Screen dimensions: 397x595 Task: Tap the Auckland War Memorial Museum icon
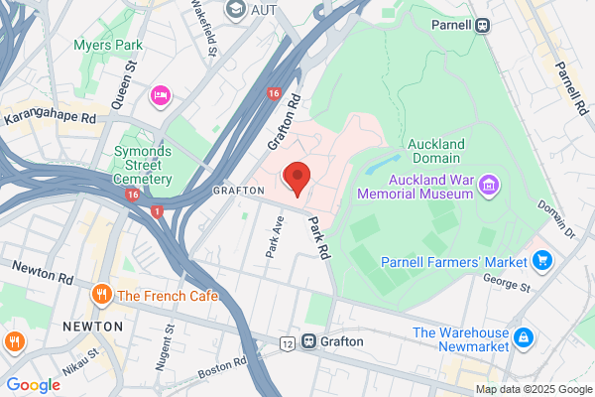[x=488, y=186]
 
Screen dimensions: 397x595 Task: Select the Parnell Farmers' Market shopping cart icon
[x=541, y=261]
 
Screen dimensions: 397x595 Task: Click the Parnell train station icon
[x=482, y=26]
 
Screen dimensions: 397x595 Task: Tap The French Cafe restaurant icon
[x=101, y=295]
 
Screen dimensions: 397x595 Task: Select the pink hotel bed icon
[x=159, y=96]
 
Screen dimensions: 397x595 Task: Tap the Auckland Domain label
[x=434, y=151]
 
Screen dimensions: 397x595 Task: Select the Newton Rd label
[x=42, y=270]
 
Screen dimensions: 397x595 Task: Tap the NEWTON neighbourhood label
[x=92, y=326]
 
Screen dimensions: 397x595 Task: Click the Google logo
[x=33, y=384]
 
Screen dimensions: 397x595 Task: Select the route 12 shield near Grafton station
[x=287, y=342]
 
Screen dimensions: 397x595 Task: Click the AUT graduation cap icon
[x=236, y=9]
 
